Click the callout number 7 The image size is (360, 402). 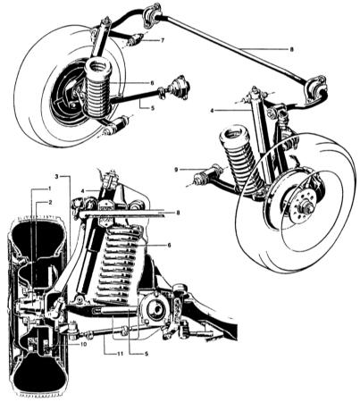(162, 41)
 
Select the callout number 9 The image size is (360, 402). (176, 170)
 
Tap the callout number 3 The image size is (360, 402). (56, 176)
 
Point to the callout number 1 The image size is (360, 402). (50, 188)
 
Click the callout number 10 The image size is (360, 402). (83, 344)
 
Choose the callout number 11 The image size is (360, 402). (120, 354)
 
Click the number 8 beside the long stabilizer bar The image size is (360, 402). (291, 50)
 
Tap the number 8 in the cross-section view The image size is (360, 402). (178, 213)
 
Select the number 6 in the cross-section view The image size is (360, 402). (169, 245)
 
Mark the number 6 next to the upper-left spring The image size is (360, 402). (152, 83)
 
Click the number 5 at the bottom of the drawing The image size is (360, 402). (147, 354)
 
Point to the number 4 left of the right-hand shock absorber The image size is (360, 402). (212, 111)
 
